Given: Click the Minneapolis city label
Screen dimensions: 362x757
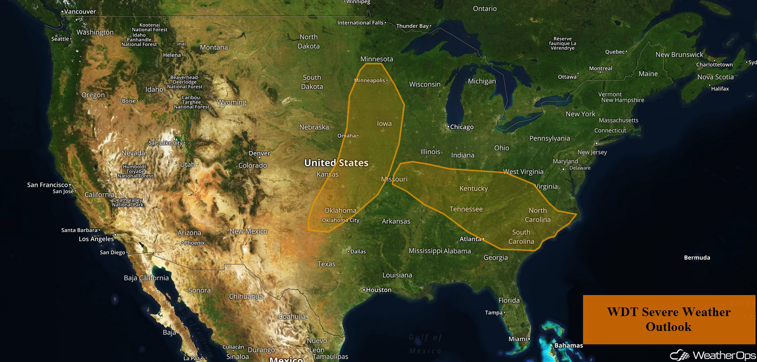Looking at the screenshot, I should pyautogui.click(x=370, y=80).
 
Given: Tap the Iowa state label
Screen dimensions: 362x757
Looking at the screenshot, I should pyautogui.click(x=384, y=123).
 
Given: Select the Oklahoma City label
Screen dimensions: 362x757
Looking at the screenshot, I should pyautogui.click(x=341, y=220).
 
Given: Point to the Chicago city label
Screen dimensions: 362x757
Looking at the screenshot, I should pyautogui.click(x=461, y=127).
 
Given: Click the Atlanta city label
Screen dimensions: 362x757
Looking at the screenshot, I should pyautogui.click(x=471, y=239).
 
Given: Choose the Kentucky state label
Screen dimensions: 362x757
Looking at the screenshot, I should pyautogui.click(x=474, y=188).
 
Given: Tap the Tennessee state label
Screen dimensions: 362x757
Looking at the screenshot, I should pyautogui.click(x=466, y=209).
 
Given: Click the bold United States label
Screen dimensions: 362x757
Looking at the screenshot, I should pyautogui.click(x=336, y=163).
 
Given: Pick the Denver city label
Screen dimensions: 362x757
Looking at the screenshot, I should pyautogui.click(x=260, y=153).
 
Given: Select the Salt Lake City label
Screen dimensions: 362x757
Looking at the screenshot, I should pyautogui.click(x=166, y=143).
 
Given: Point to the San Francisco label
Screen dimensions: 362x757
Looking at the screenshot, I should pyautogui.click(x=48, y=185).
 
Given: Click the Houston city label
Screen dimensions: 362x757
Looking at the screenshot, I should pyautogui.click(x=378, y=290).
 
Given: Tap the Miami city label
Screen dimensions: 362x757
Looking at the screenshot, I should pyautogui.click(x=518, y=339).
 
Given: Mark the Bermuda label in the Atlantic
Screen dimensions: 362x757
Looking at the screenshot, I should pyautogui.click(x=697, y=257).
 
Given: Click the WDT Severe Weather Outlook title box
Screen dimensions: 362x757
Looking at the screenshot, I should pyautogui.click(x=669, y=319).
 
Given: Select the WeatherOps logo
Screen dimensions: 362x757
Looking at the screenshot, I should pyautogui.click(x=713, y=355).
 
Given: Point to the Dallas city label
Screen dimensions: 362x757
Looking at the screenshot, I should pyautogui.click(x=357, y=251).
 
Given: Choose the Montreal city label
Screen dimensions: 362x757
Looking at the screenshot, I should pyautogui.click(x=600, y=68).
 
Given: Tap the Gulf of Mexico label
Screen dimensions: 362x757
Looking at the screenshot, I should pyautogui.click(x=425, y=344).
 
